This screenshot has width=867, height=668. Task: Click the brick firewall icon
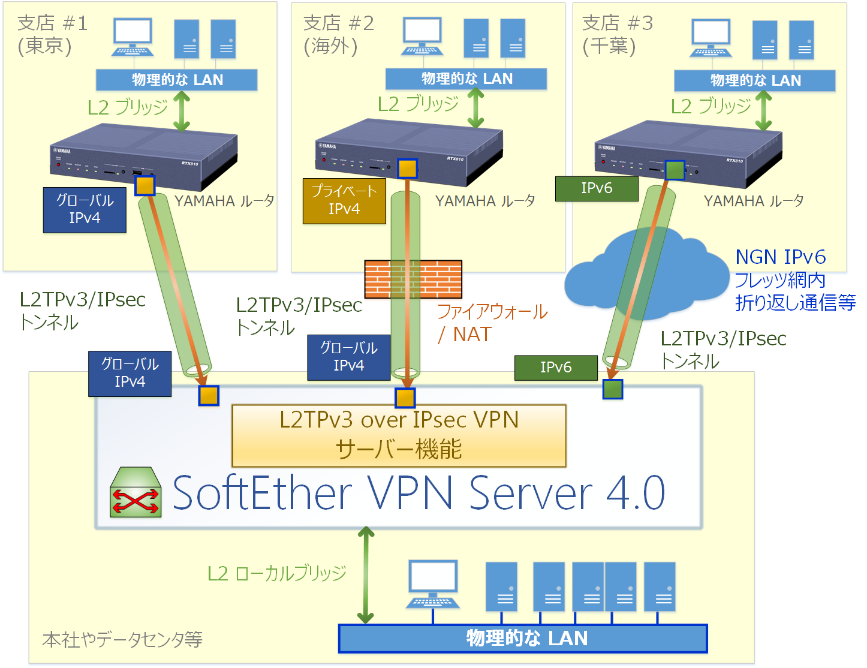413,279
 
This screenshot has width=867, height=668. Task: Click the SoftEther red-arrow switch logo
136,492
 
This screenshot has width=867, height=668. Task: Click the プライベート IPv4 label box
344,201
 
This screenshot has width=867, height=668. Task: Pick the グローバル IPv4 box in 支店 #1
85,210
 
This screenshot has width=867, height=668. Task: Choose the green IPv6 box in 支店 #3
597,188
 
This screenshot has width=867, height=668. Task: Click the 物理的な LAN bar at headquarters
523,638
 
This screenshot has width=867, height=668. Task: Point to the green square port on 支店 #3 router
675,170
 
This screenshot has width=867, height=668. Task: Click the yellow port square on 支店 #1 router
145,185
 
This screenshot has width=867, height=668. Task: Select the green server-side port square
612,389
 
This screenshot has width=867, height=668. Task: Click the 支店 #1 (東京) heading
52,34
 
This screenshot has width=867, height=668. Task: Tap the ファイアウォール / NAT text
492,323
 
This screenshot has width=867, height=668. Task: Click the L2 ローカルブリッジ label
276,573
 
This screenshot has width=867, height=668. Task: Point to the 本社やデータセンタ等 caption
122,639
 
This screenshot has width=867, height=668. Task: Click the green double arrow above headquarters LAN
366,574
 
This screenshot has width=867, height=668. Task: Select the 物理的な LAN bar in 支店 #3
754,80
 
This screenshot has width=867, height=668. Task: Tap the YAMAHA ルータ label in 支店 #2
485,201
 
